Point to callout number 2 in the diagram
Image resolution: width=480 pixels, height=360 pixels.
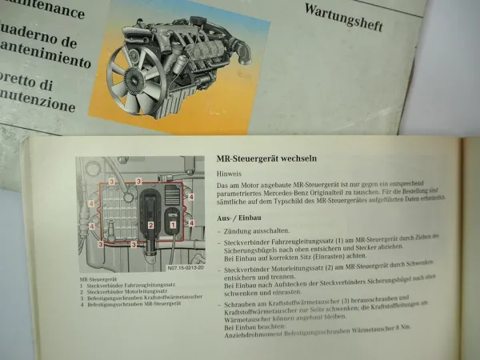(x=150, y=226)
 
